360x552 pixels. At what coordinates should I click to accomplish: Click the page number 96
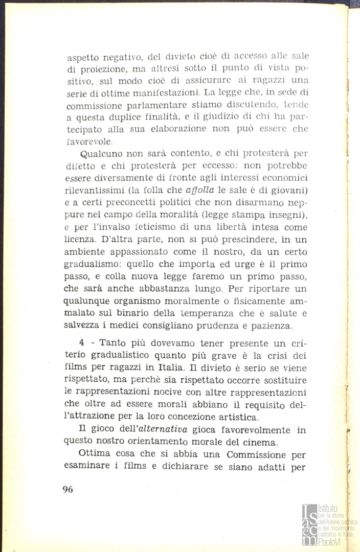click(68, 489)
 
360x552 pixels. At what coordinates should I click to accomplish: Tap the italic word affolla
click(191, 191)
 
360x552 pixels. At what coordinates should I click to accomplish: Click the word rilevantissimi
click(96, 191)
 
